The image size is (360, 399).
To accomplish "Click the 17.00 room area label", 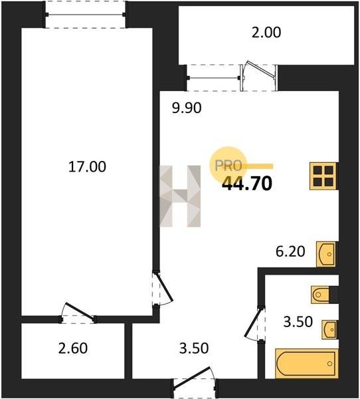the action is point(87,167).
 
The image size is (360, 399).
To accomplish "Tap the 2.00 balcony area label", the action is point(266,33).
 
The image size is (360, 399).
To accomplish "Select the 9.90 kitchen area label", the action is point(187,108).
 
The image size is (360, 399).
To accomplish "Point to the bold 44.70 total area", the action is point(247,184).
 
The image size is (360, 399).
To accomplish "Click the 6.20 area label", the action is point(290,251).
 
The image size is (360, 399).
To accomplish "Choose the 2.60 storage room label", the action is point(73,348).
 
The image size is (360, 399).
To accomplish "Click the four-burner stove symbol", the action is point(324,176).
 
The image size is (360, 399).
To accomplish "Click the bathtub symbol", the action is point(307,363).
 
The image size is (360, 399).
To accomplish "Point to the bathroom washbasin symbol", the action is point(330,330).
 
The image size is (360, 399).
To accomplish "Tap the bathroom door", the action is point(254,323).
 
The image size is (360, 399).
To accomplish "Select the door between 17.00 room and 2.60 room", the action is point(78,313).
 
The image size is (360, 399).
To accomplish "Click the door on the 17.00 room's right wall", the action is point(163,289).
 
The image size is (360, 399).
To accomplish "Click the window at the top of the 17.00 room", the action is point(86,15).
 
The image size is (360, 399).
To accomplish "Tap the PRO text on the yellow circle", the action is point(228,166).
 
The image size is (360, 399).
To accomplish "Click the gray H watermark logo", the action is point(180,196).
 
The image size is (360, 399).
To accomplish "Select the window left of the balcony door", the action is point(213,78).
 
